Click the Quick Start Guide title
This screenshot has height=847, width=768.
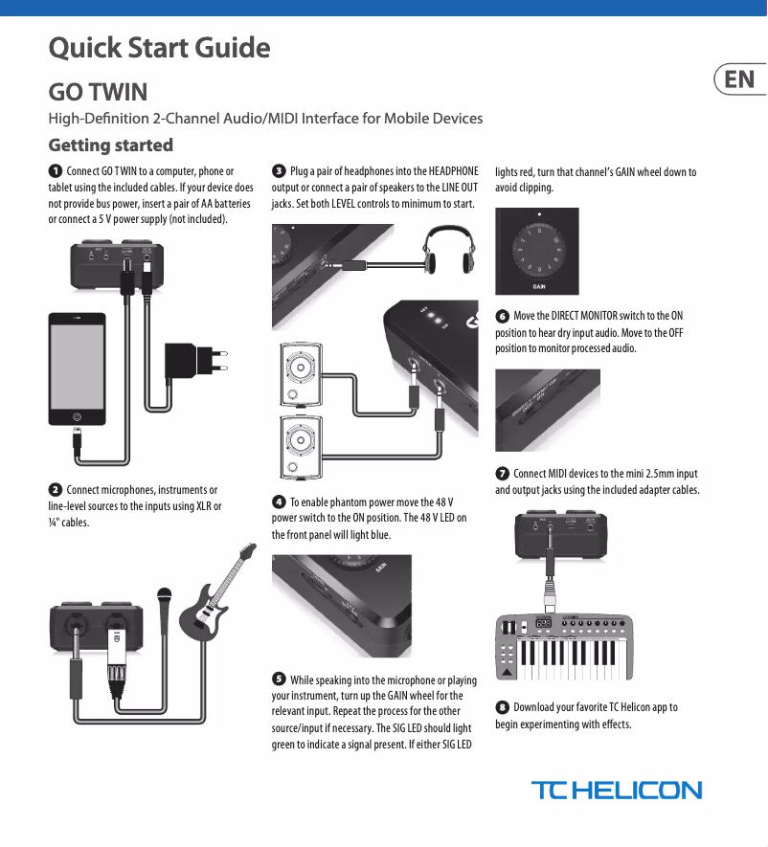point(159,47)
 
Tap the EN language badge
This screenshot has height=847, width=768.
point(739,78)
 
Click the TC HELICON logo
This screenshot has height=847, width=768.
point(616,791)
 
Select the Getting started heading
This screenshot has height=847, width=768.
point(111,145)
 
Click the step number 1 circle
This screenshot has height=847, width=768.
point(56,171)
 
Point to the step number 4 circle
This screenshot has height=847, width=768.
point(279,502)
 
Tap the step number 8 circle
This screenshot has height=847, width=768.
point(502,707)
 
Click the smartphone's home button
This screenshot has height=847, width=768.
point(78,416)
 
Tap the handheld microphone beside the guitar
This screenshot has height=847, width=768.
point(166,609)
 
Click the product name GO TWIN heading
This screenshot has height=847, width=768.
point(98,93)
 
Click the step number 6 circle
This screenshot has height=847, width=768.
point(502,316)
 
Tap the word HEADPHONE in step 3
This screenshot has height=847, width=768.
point(453,171)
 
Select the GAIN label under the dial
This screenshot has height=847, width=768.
point(539,285)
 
